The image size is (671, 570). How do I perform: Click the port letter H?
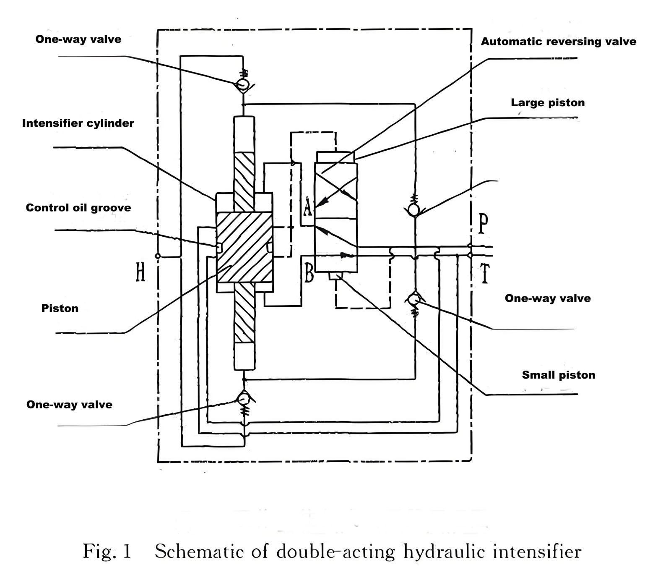click(140, 272)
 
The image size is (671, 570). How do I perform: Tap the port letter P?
click(483, 223)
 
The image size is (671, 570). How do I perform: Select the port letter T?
click(485, 274)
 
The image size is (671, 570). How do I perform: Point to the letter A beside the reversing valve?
click(308, 207)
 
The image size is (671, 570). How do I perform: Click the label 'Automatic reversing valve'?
click(558, 42)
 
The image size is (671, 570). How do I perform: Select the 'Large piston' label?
click(547, 103)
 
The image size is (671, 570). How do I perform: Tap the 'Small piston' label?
click(558, 375)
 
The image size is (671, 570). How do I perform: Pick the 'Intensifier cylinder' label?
click(78, 123)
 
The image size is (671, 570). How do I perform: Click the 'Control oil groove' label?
click(78, 208)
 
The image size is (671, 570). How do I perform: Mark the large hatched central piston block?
click(244, 247)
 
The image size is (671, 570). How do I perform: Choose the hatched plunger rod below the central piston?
click(244, 312)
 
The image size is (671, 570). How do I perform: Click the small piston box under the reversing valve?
click(336, 276)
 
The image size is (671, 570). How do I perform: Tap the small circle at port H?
click(158, 256)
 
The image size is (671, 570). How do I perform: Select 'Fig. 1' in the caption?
click(107, 551)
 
